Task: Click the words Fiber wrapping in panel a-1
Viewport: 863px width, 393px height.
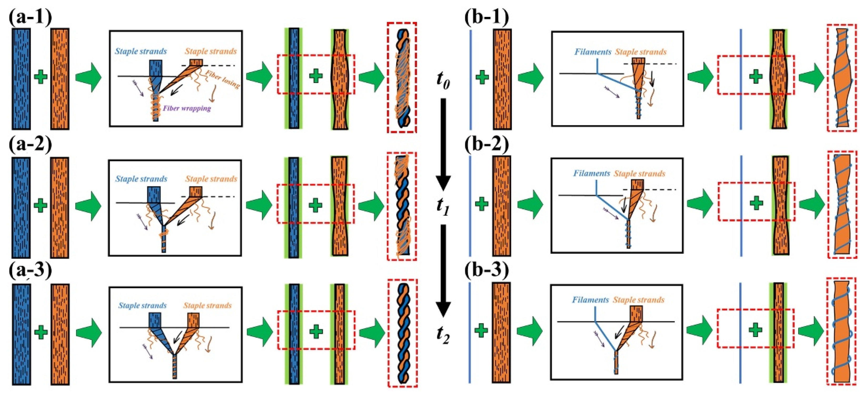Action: click(187, 108)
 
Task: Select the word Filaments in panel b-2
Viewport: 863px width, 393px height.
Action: click(591, 173)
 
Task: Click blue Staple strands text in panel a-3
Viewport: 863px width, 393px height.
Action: click(142, 306)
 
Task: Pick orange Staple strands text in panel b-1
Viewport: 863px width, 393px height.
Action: click(641, 52)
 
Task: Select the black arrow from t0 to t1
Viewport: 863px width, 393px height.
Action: click(443, 142)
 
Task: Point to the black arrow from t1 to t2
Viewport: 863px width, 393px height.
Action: click(443, 270)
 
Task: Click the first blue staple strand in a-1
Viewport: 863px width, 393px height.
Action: click(21, 79)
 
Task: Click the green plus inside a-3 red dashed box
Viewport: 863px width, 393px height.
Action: click(316, 331)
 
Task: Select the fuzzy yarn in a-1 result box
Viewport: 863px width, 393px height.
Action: click(402, 78)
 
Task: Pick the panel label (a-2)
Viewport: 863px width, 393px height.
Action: click(30, 145)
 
